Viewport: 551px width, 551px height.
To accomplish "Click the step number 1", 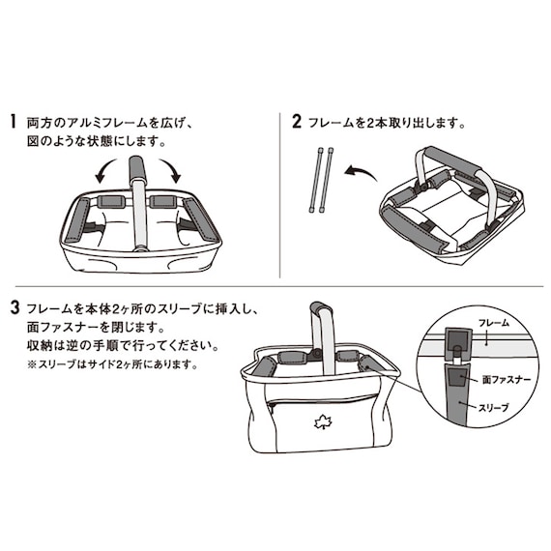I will pos(14,123).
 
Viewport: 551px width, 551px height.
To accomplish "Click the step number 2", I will pos(297,123).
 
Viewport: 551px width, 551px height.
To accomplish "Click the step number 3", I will pos(14,310).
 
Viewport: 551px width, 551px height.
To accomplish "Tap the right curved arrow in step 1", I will pos(174,173).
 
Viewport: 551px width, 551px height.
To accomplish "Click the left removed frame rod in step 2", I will pos(316,181).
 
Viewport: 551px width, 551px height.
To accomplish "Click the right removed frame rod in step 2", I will pos(330,181).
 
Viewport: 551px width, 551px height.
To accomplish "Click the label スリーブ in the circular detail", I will pos(499,410).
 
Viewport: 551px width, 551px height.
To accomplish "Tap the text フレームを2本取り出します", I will pos(387,124).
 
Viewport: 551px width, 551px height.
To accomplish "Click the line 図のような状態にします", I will pos(97,141).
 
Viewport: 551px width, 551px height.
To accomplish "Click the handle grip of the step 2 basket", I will pos(454,160).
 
